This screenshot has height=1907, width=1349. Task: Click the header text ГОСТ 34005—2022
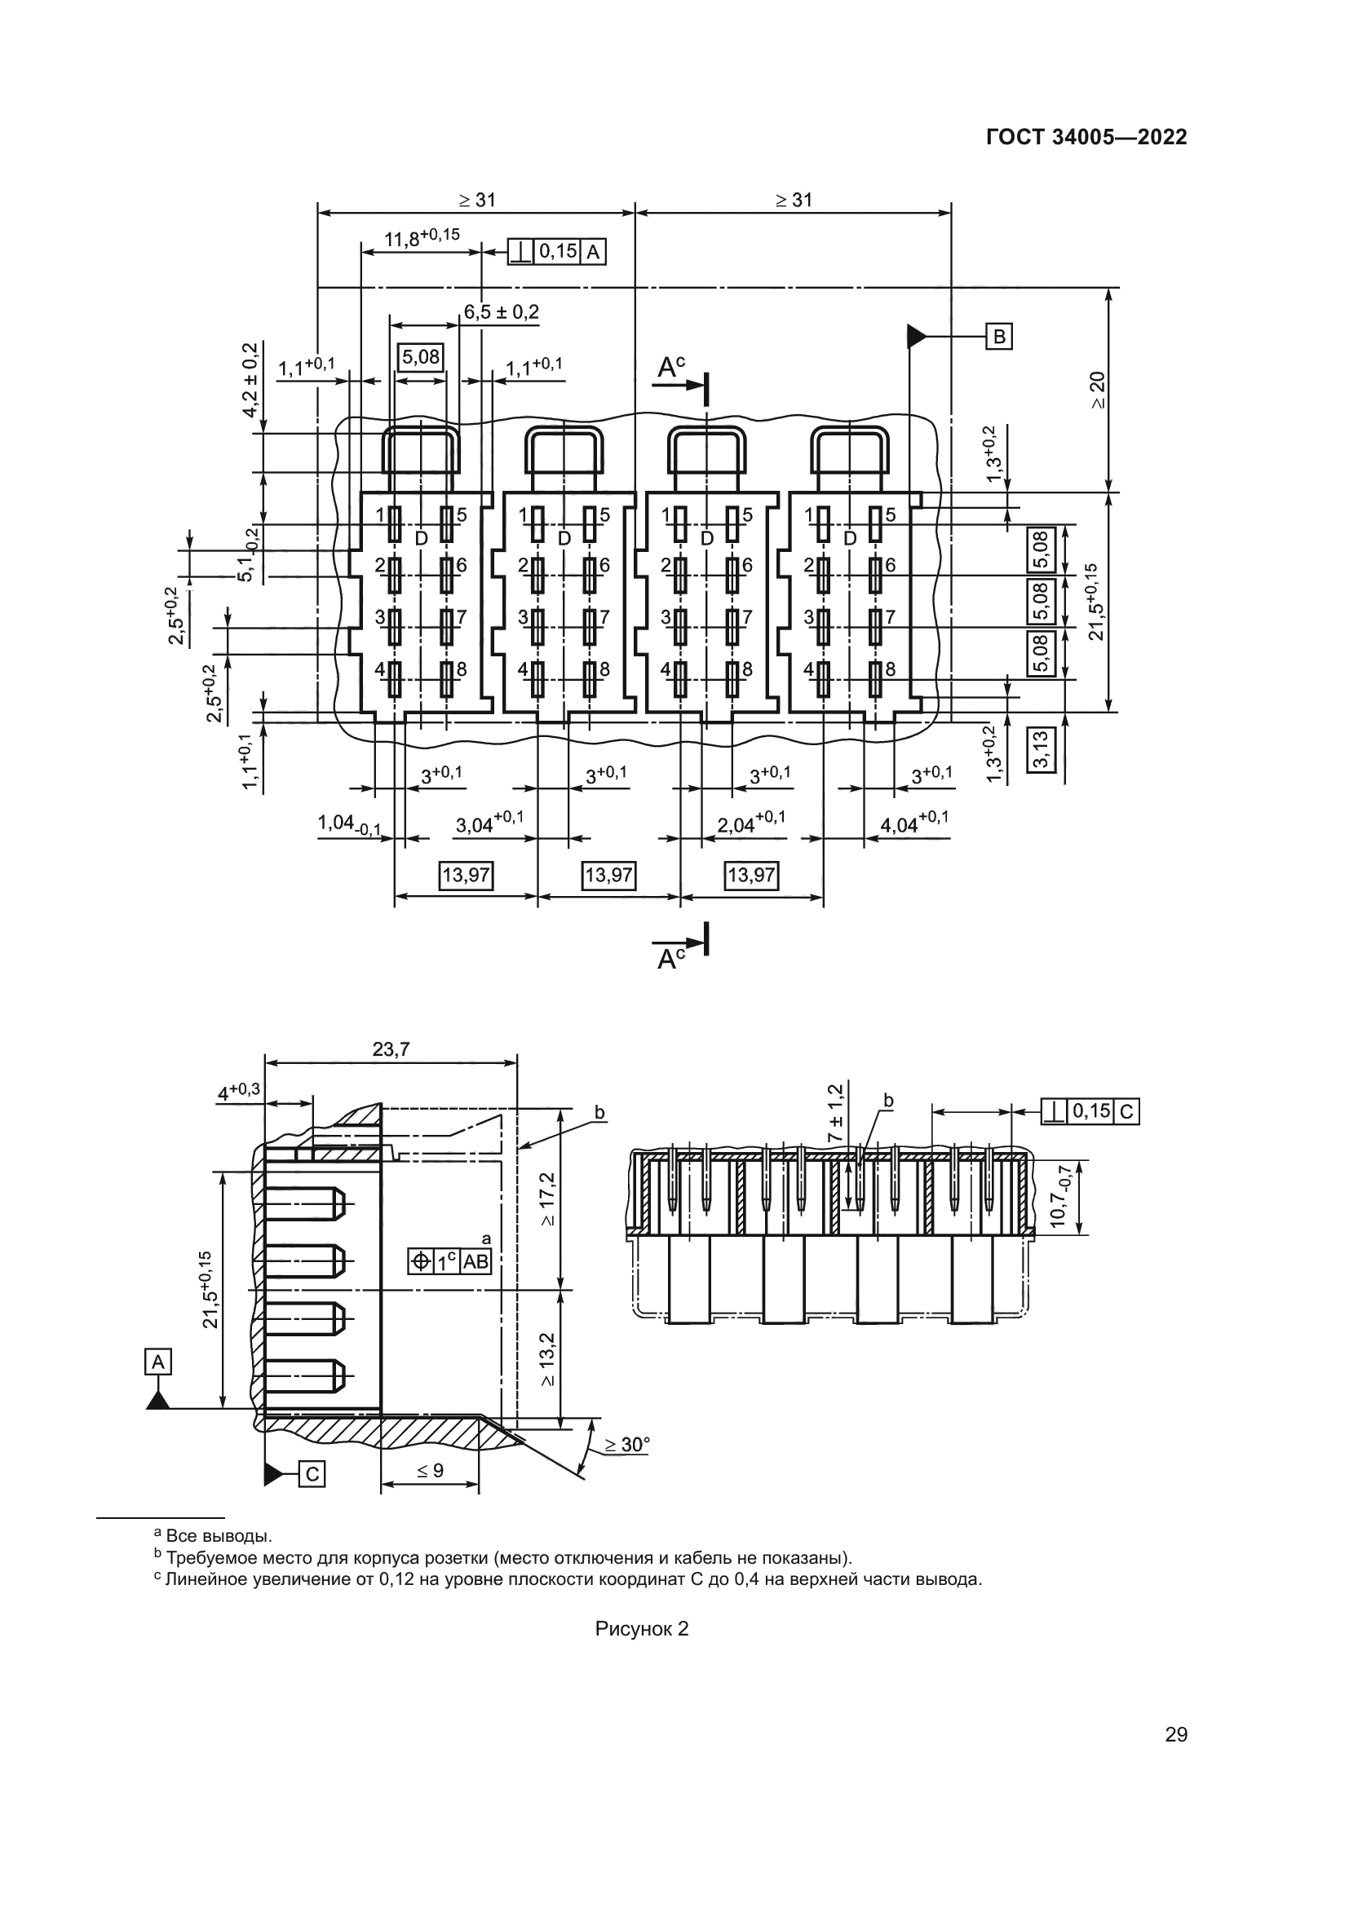pos(1086,137)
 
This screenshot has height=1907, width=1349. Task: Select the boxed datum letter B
pos(999,337)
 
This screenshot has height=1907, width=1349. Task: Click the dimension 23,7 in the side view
pos(391,1050)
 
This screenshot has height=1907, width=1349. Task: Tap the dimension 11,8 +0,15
pos(421,238)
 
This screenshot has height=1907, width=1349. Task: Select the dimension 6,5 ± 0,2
pos(501,312)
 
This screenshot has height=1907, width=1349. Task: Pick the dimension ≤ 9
pos(430,1470)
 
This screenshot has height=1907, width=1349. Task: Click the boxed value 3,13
pos(1042,749)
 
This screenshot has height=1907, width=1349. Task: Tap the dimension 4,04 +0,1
pos(913,823)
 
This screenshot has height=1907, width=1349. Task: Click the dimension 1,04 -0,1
pos(349,824)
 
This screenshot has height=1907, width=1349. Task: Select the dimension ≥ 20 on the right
pos(1098,391)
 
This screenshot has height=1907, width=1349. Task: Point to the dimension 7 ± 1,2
pos(835,1111)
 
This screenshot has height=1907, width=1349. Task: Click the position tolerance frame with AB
pos(450,1262)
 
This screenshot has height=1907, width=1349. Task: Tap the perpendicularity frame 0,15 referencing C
pos(1090,1111)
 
